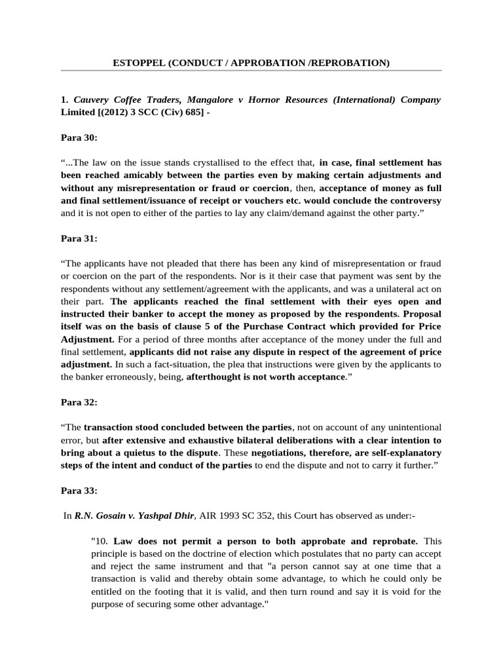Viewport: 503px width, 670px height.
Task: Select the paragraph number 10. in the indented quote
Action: coord(101,540)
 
